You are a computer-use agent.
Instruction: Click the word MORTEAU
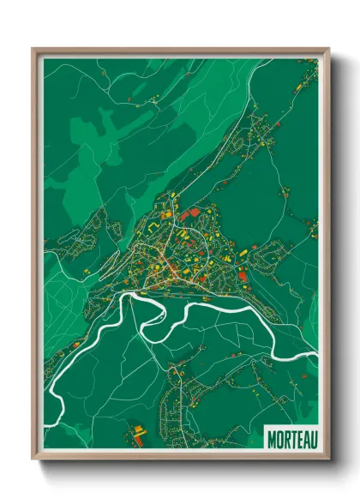pos(291,437)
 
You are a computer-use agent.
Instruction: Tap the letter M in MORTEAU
pos(271,437)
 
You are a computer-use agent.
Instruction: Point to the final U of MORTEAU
pos(312,437)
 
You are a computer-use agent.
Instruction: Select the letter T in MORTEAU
pos(291,437)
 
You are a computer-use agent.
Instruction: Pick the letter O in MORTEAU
pos(278,437)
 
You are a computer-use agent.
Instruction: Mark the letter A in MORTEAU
pos(305,437)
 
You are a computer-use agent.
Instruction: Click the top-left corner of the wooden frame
pos(33,49)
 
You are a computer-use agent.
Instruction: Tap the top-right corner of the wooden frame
pos(328,49)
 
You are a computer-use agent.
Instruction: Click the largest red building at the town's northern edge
pos(194,211)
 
